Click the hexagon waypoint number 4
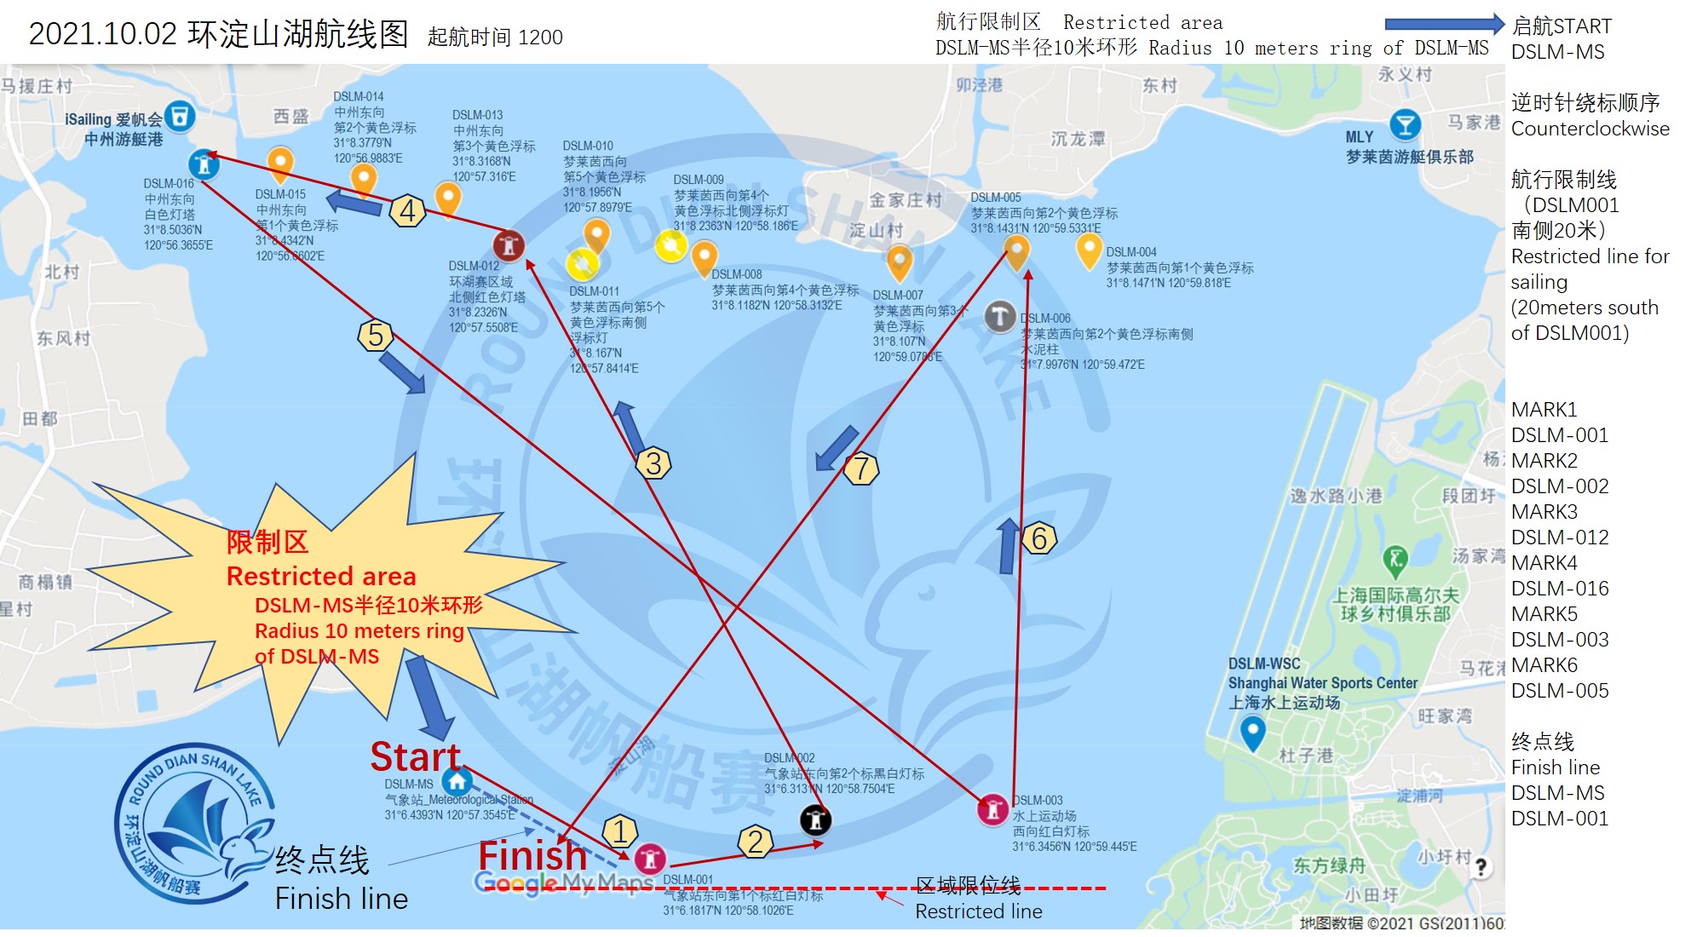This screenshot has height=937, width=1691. point(408,210)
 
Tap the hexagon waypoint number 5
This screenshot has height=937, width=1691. point(376,336)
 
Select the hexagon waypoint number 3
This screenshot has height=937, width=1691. point(653,463)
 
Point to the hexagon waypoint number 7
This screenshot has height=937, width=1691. point(861,468)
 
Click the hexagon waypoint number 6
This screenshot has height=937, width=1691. point(1038,538)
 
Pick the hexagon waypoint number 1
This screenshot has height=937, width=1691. point(620,831)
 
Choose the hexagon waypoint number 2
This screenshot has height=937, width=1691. point(755,842)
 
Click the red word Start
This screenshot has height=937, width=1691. point(415,756)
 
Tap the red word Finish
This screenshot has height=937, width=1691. point(532,855)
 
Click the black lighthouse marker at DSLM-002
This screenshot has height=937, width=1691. point(815,819)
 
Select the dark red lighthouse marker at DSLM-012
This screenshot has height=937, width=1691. point(509,246)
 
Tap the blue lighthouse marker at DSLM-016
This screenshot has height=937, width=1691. point(203,163)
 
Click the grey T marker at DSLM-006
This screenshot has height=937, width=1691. point(999,316)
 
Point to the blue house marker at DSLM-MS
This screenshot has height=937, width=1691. point(457,781)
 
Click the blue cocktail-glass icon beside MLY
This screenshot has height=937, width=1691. point(1405,125)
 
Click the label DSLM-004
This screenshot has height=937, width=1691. point(1131,252)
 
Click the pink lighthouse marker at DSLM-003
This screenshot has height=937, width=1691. point(992,809)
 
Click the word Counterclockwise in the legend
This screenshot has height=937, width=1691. point(1590,129)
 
